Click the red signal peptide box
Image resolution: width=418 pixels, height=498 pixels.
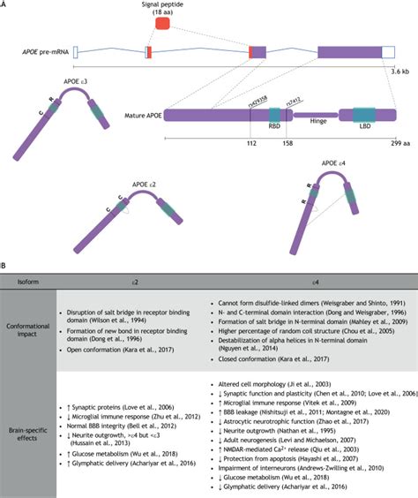(163, 23)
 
